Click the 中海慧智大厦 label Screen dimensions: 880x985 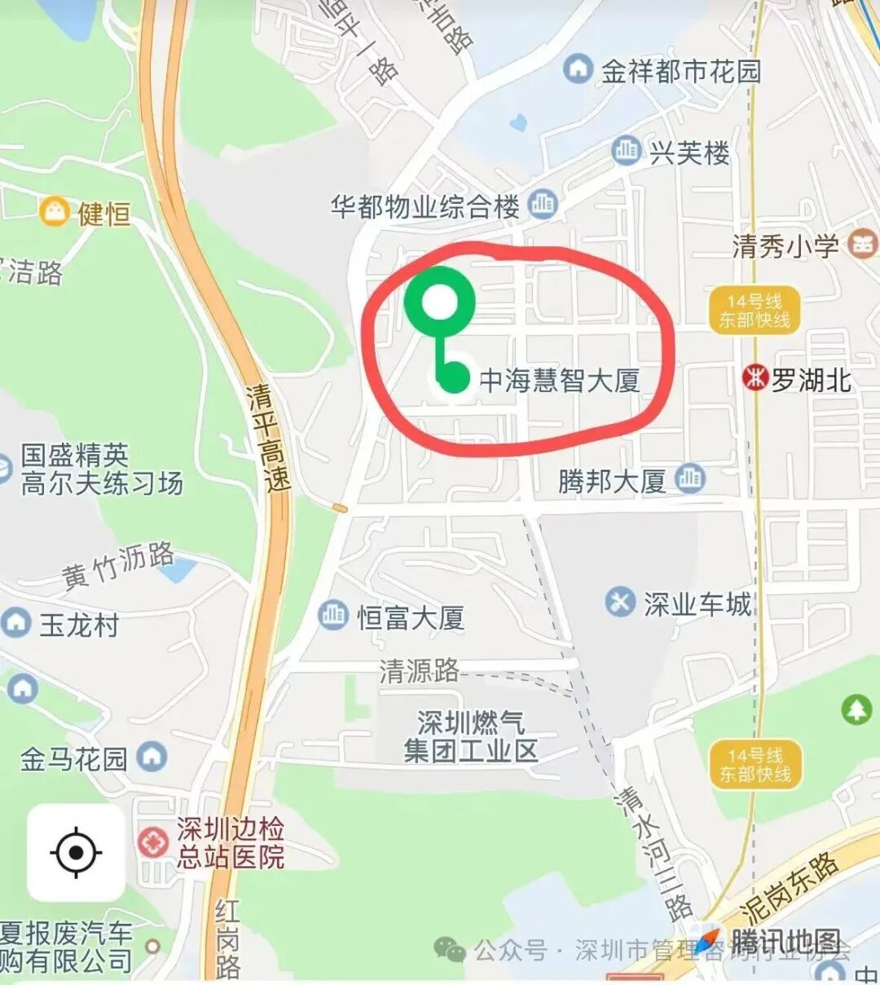tap(559, 380)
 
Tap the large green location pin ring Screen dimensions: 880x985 tap(439, 302)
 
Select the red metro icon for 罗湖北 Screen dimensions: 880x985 tap(755, 378)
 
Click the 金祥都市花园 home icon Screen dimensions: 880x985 tap(578, 69)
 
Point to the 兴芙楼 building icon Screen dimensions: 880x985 tap(626, 151)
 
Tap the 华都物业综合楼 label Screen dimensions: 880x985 tap(425, 206)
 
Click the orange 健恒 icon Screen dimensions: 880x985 tap(54, 211)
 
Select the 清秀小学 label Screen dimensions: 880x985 tap(785, 245)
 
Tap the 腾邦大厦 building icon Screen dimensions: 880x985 tap(689, 479)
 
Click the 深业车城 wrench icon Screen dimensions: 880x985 tap(620, 603)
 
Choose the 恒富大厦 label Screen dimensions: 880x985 tap(411, 617)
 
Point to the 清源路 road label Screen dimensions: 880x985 tap(419, 671)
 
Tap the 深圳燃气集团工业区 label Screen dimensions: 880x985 tap(471, 736)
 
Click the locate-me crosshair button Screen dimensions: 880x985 tap(76, 853)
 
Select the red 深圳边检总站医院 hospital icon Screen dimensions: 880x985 tap(152, 841)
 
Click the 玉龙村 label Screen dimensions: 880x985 tap(79, 625)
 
